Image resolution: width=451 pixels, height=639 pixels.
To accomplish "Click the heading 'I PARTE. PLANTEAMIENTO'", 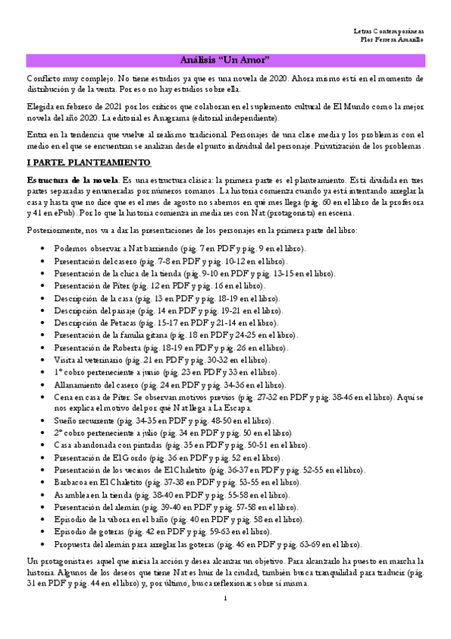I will point(89,163).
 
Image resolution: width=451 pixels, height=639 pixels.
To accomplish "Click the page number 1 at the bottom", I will point(225,598).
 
